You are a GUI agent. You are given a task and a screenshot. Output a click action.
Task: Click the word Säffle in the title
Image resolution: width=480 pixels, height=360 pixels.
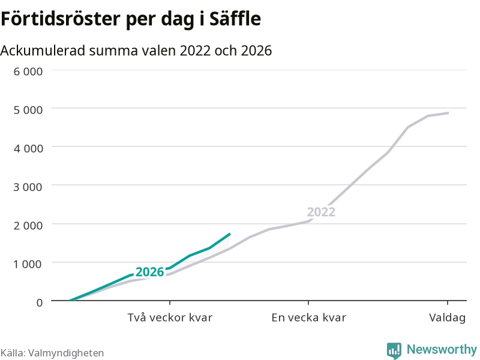click(235, 19)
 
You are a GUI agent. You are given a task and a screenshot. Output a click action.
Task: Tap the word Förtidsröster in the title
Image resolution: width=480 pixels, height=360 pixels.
click(61, 19)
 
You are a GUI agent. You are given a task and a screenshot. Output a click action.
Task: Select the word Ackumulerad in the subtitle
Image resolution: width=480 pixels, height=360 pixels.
click(43, 50)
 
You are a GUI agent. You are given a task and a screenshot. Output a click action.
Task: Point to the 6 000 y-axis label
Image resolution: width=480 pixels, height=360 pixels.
click(28, 71)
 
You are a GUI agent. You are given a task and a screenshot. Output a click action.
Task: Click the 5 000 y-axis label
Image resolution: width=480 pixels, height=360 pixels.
click(28, 110)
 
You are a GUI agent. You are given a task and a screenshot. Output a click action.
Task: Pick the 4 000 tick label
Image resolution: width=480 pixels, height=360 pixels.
click(28, 148)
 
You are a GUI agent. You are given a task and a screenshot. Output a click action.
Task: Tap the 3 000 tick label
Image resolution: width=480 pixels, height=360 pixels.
click(28, 187)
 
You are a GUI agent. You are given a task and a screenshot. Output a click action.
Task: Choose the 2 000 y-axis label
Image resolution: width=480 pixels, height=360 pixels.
click(28, 226)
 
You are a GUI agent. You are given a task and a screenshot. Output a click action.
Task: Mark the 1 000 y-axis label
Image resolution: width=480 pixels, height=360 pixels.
click(28, 264)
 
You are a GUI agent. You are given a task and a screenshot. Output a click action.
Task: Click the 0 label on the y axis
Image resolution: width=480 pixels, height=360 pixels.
click(40, 302)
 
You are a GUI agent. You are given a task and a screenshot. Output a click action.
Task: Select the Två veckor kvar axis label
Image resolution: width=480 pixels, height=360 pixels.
click(170, 317)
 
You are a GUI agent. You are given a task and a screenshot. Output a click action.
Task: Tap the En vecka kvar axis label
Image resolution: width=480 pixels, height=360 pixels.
click(308, 317)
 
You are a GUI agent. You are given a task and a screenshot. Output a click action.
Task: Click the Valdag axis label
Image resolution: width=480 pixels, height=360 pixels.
click(447, 318)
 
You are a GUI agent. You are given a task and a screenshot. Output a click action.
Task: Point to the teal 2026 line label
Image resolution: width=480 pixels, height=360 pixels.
click(150, 272)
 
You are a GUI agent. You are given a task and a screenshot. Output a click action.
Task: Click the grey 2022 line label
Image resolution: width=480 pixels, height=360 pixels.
click(321, 212)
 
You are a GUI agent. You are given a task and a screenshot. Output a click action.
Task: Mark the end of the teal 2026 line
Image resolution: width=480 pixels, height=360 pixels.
click(230, 234)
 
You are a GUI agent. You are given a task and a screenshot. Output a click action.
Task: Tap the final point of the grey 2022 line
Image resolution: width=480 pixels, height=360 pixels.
click(448, 113)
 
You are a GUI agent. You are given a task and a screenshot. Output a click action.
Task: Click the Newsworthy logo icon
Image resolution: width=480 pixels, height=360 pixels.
click(394, 350)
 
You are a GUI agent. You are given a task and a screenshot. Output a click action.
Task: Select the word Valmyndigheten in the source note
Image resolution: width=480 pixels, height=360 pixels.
click(66, 353)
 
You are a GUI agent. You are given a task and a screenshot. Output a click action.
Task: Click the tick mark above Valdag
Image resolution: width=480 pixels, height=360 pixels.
click(448, 303)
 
